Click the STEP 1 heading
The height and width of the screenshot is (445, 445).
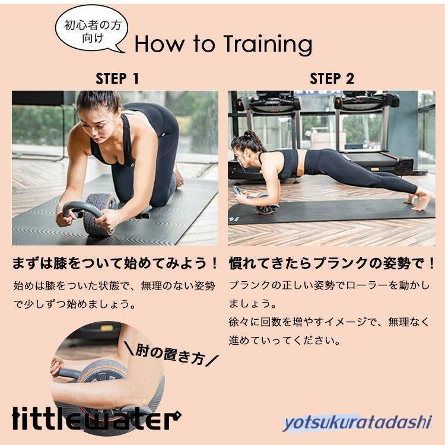(117, 78)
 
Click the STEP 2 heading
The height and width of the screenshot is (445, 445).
(332, 78)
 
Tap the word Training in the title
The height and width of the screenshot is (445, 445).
(268, 44)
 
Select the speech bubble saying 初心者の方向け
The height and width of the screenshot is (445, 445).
(91, 32)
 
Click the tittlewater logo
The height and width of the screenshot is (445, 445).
(97, 419)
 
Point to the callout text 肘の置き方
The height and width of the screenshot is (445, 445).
(170, 354)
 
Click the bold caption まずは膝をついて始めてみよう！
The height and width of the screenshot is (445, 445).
(115, 263)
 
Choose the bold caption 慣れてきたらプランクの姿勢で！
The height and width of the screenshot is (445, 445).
(332, 263)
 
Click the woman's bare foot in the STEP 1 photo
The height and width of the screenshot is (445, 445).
(179, 177)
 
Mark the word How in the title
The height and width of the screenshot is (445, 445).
(159, 44)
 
